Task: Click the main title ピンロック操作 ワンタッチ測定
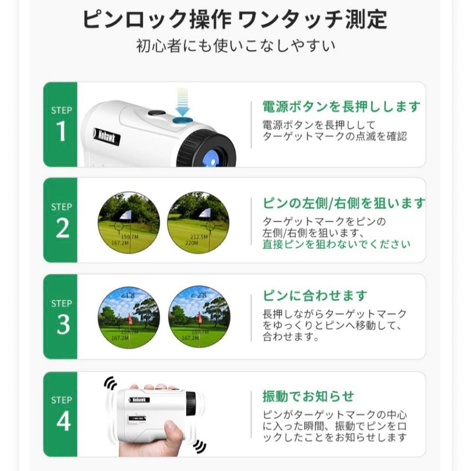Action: coord(235,20)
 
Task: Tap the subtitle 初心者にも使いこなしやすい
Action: coord(235,45)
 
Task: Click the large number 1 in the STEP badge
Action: coord(61,132)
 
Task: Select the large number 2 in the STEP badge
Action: coord(62,229)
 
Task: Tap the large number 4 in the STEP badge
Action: coord(63,421)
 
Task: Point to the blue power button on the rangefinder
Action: coord(183,119)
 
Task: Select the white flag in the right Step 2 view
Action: coord(205,213)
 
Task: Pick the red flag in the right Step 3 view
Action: coord(200,319)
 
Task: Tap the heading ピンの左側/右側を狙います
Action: coord(344,203)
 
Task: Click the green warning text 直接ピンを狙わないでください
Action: coord(336,244)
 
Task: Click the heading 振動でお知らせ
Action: coord(308,396)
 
